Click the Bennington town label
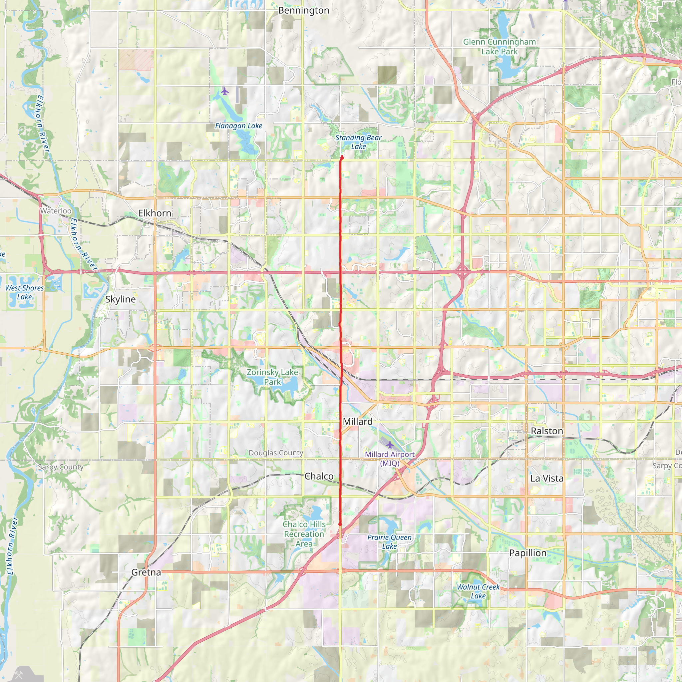click(304, 11)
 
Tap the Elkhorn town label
click(155, 213)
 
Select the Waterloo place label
click(56, 211)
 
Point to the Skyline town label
click(120, 299)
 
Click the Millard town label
click(358, 422)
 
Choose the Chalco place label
click(319, 477)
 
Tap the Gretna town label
click(146, 572)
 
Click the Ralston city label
click(547, 431)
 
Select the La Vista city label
click(547, 478)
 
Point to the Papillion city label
click(528, 553)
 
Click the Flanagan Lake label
click(239, 126)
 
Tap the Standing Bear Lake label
click(358, 142)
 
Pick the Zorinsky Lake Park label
click(272, 377)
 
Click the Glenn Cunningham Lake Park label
click(500, 47)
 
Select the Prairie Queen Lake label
click(389, 542)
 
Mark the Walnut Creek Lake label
click(478, 591)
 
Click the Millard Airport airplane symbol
click(390, 445)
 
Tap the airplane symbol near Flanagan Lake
click(225, 92)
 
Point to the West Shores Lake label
click(24, 292)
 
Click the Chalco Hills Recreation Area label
click(304, 534)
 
